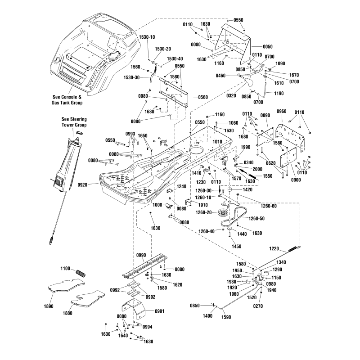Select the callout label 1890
(49, 306)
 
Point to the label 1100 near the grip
(65, 269)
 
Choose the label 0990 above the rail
(141, 255)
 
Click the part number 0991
(160, 311)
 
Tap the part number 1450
(236, 247)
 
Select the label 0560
(203, 97)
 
